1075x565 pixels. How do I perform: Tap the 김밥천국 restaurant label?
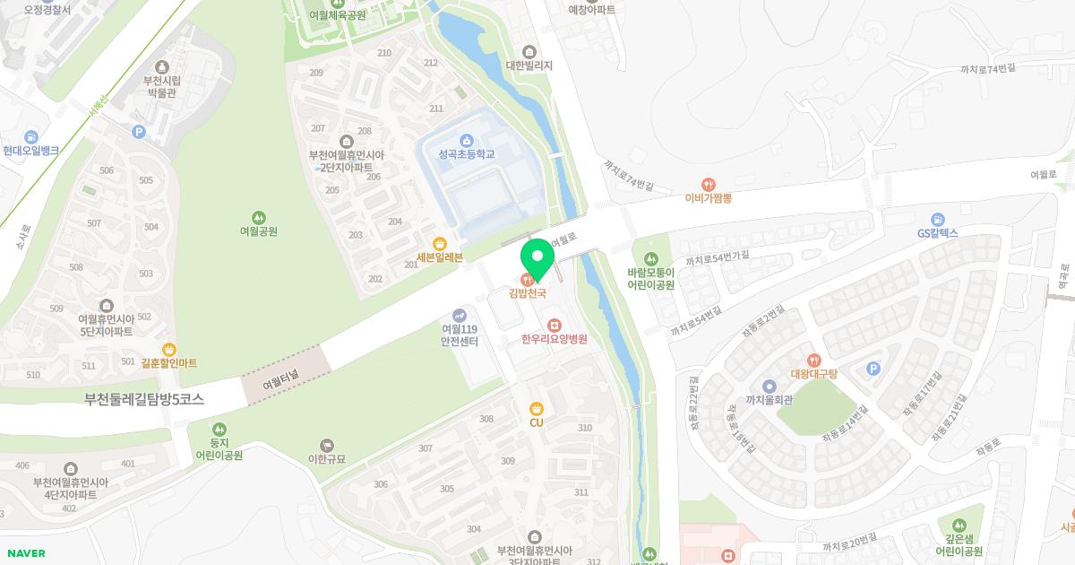pyautogui.click(x=528, y=292)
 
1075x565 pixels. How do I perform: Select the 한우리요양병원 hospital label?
pyautogui.click(x=554, y=339)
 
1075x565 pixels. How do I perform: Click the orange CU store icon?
pyautogui.click(x=537, y=408)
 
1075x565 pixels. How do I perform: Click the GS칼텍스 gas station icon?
pyautogui.click(x=937, y=219)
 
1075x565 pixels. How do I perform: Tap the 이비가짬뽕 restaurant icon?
pyautogui.click(x=709, y=185)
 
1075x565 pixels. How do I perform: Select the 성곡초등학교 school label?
pyautogui.click(x=466, y=154)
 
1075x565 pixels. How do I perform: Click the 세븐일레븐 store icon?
pyautogui.click(x=440, y=243)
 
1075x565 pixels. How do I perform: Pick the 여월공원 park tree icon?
pyautogui.click(x=258, y=217)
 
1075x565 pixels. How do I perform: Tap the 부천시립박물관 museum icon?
pyautogui.click(x=162, y=66)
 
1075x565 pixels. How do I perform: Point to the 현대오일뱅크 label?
pyautogui.click(x=30, y=151)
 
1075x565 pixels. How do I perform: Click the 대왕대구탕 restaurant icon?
pyautogui.click(x=813, y=360)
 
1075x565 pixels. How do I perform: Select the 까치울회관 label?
pyautogui.click(x=769, y=401)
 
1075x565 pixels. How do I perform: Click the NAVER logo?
pyautogui.click(x=25, y=553)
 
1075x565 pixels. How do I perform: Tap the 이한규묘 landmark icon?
pyautogui.click(x=326, y=445)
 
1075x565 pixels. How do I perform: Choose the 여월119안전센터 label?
pyautogui.click(x=459, y=335)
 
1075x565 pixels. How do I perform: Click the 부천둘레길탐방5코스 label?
pyautogui.click(x=144, y=400)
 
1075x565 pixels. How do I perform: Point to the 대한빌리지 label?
pyautogui.click(x=529, y=65)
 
